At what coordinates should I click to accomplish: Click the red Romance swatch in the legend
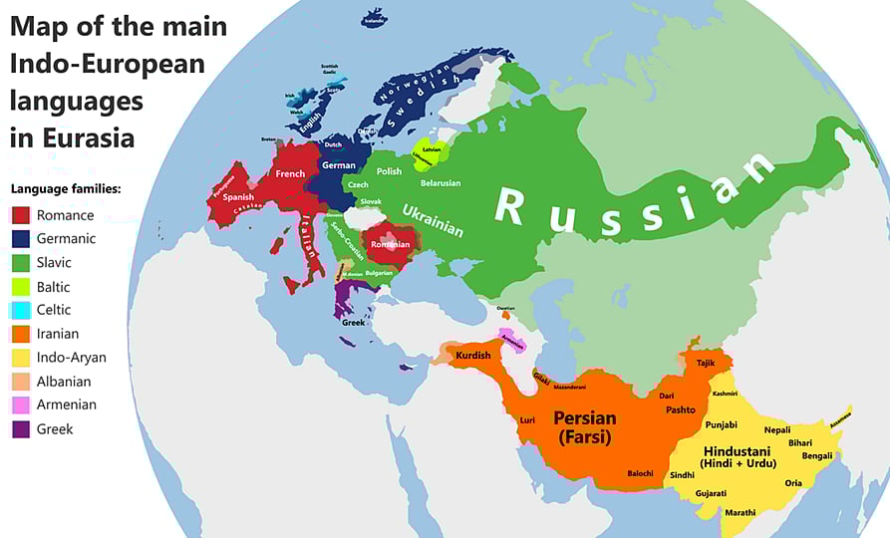click(x=20, y=215)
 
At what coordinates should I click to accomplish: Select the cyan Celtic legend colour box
click(x=20, y=311)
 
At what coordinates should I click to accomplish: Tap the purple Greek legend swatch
click(x=20, y=429)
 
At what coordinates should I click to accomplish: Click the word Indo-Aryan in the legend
click(x=71, y=358)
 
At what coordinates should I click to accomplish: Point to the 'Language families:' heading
click(x=65, y=188)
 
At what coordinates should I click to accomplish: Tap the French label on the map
click(x=290, y=173)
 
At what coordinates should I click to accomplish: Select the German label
click(x=339, y=165)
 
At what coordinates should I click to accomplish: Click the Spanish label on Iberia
click(x=239, y=197)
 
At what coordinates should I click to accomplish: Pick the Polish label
click(x=389, y=170)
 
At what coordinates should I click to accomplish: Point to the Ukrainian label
click(x=433, y=219)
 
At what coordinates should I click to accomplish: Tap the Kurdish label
click(x=473, y=356)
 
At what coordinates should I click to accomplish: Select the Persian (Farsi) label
click(x=584, y=426)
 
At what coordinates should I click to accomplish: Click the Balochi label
click(x=640, y=473)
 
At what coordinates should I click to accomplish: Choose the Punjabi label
click(x=721, y=424)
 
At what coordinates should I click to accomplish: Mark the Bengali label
click(x=816, y=456)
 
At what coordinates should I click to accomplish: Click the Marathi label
click(x=740, y=512)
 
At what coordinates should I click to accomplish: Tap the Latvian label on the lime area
click(x=432, y=149)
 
